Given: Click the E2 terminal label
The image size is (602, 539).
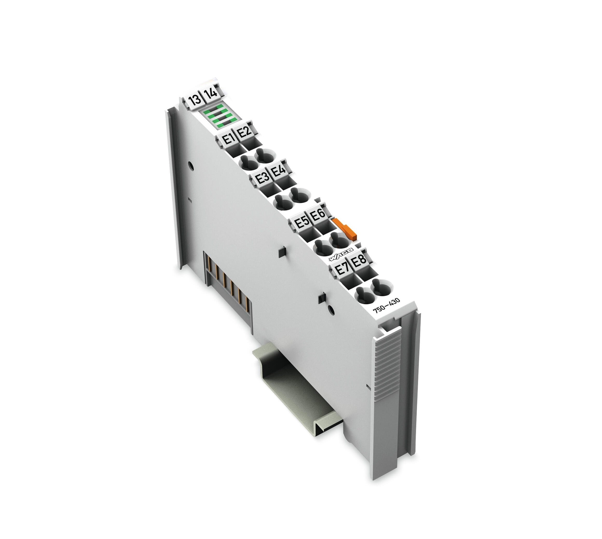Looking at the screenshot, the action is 244,131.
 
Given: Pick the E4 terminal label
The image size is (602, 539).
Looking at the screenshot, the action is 278,171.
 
